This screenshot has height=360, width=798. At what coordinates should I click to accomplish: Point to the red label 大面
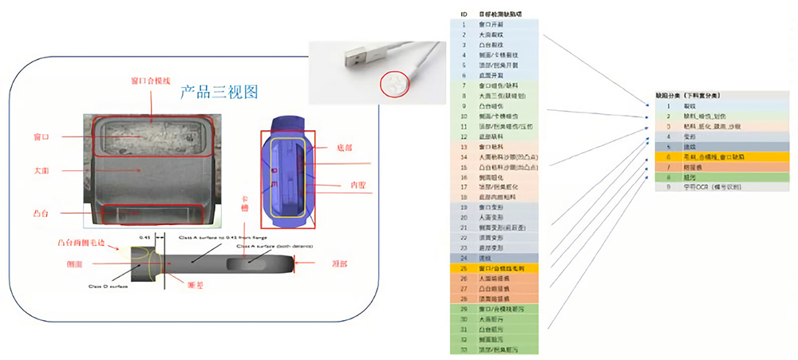[43, 170]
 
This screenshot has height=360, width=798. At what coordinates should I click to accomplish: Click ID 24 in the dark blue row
[463, 258]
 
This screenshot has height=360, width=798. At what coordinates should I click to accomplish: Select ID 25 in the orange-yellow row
[463, 268]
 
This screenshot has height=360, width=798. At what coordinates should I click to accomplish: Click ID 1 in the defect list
[463, 25]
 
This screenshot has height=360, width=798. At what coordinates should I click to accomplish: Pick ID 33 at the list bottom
[463, 350]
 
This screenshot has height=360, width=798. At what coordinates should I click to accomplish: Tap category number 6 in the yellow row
[668, 157]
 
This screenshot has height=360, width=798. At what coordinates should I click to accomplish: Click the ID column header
[463, 14]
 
